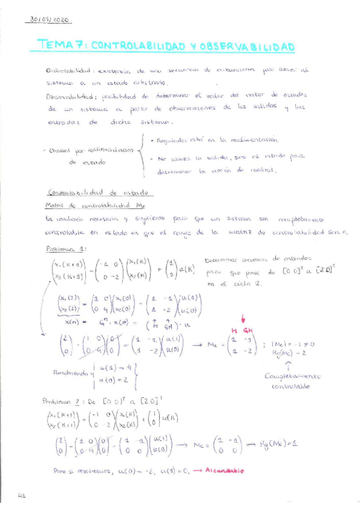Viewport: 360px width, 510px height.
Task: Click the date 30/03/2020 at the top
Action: (49, 20)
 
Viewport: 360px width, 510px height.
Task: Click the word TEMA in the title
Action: (55, 45)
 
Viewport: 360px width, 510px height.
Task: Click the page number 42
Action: (22, 496)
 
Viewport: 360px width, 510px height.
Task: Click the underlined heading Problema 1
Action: (66, 248)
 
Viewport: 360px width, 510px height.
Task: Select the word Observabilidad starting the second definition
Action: (67, 96)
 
